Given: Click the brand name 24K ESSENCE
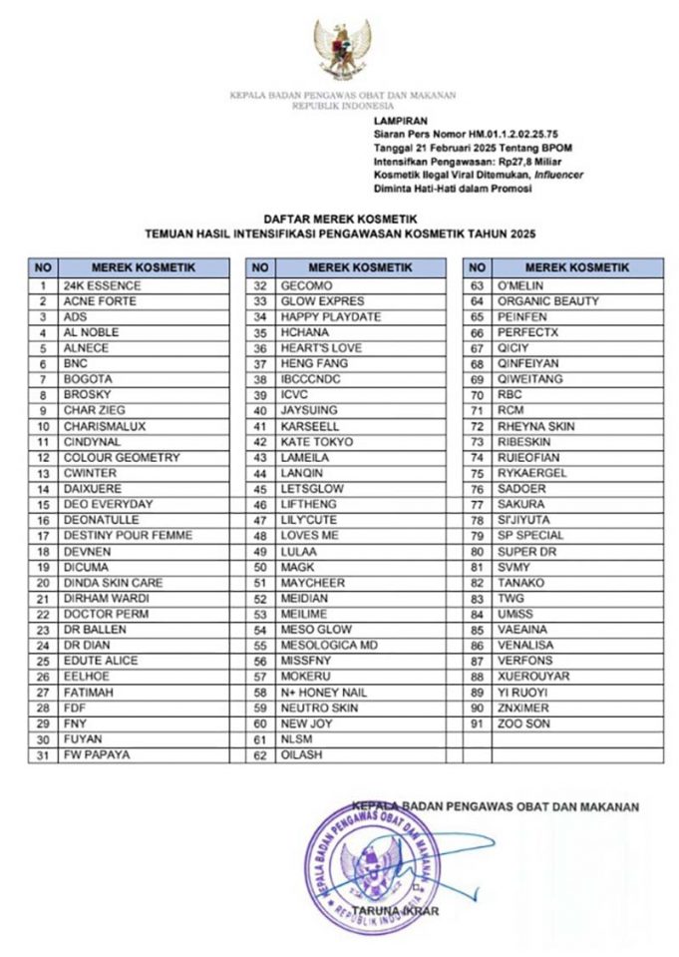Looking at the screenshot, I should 103,285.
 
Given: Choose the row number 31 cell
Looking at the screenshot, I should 43,755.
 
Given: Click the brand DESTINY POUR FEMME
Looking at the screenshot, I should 129,536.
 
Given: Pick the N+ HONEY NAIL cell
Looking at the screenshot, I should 324,693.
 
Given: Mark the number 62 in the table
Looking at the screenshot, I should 260,755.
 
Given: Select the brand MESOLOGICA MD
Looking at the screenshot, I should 329,646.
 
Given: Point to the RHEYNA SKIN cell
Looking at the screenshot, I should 536,426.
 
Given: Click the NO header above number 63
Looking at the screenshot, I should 477,267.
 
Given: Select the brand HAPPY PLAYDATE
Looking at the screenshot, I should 331,316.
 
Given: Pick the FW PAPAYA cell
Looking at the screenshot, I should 97,755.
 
